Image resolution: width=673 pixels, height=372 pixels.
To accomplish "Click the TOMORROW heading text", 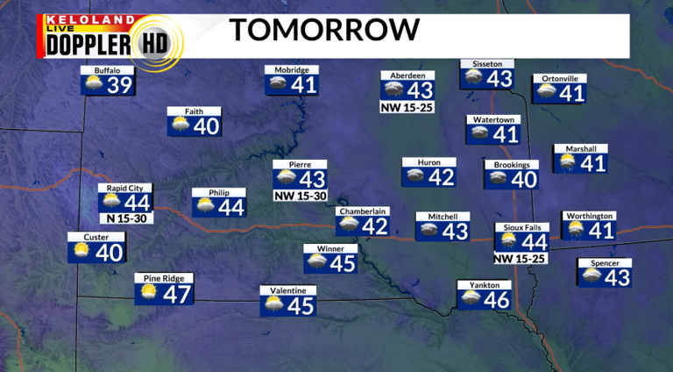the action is [x=324, y=30].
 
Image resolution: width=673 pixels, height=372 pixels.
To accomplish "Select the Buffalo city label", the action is [x=95, y=69].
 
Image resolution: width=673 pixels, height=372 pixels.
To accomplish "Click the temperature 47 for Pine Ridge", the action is [x=177, y=295].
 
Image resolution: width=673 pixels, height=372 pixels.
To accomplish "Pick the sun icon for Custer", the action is [x=81, y=252].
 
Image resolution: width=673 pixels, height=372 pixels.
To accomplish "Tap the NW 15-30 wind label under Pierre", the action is [x=300, y=195].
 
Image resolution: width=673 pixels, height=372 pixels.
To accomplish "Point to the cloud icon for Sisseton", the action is [x=473, y=77].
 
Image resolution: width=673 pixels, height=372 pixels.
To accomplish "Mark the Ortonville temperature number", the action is [x=571, y=93].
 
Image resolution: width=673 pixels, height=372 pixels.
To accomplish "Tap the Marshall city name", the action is [x=580, y=148].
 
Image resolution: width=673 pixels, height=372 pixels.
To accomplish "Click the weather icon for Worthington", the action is [x=575, y=230].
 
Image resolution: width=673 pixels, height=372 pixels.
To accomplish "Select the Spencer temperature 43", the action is [x=618, y=277].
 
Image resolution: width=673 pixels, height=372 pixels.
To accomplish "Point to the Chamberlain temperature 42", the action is [x=375, y=226].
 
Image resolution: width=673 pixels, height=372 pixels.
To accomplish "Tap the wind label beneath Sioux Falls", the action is [x=520, y=259].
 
